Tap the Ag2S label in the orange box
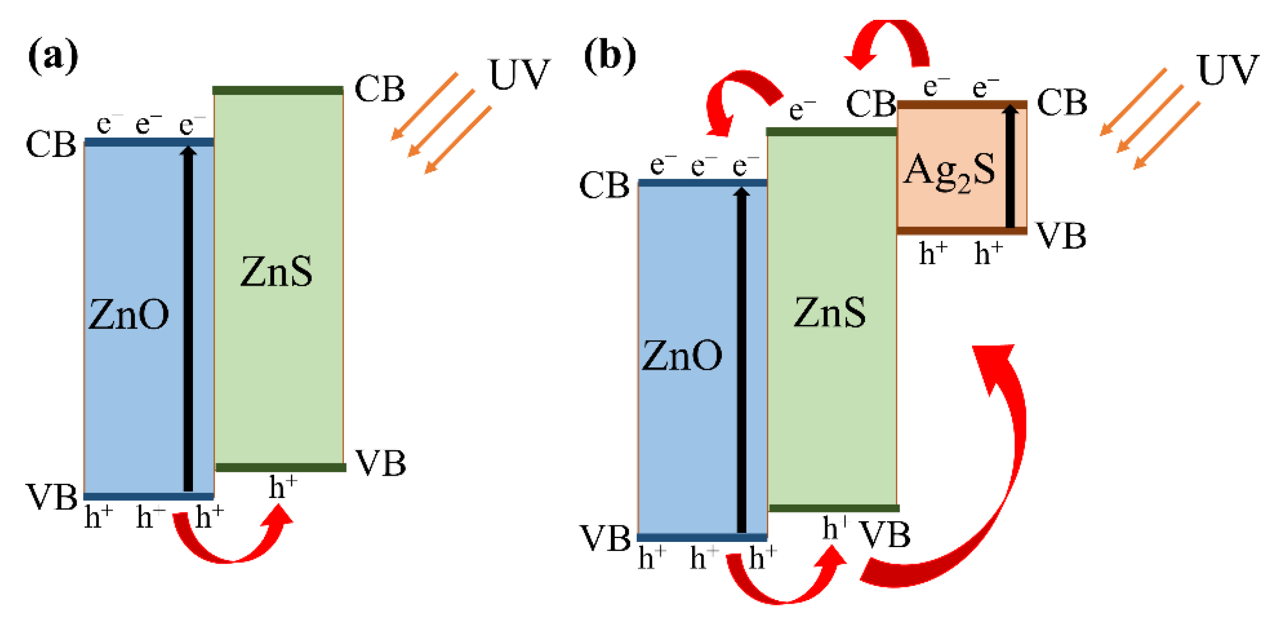pyautogui.click(x=949, y=171)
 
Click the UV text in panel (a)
pyautogui.click(x=519, y=74)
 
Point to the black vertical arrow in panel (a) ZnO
pyautogui.click(x=188, y=317)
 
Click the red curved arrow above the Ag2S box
pyautogui.click(x=887, y=42)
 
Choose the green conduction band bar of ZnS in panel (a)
pyautogui.click(x=278, y=90)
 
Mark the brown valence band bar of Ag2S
pyautogui.click(x=962, y=230)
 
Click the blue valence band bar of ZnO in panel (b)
pyautogui.click(x=702, y=537)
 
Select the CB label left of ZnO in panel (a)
pyautogui.click(x=51, y=145)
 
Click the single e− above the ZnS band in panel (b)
pyautogui.click(x=801, y=109)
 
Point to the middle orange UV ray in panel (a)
pyautogui.click(x=441, y=122)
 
